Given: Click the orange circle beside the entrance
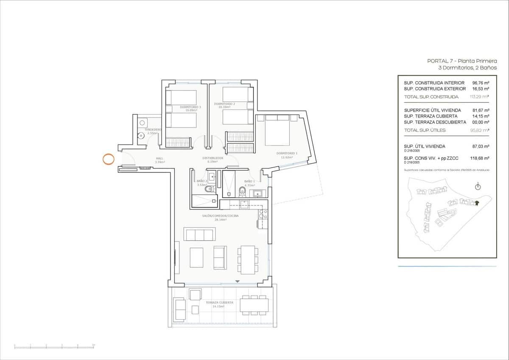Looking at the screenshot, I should [x=109, y=159].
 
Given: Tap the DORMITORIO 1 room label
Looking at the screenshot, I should [x=287, y=153].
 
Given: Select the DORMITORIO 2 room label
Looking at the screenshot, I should [x=224, y=104].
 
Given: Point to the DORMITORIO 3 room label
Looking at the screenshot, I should [x=190, y=107].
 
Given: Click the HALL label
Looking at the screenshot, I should [x=159, y=159].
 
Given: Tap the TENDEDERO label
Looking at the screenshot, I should [x=152, y=129].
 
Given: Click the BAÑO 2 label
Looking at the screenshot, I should [x=201, y=181].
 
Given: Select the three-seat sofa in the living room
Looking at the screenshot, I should [x=199, y=234].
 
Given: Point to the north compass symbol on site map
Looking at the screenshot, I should [x=478, y=186].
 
